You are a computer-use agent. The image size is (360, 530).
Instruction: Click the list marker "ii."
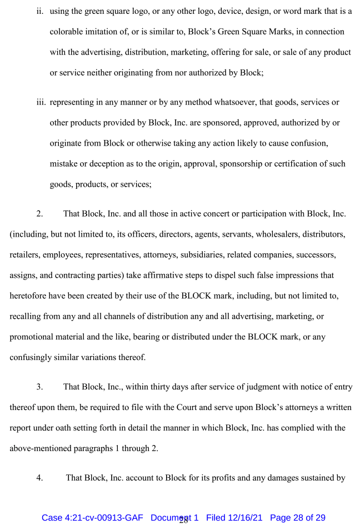(41, 11)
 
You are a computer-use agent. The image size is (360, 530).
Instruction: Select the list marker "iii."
(40, 102)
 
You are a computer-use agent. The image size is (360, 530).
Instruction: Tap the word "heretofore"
(28, 296)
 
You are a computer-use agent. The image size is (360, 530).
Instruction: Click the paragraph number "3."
(40, 387)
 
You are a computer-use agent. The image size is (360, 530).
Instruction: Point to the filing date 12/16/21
(246, 518)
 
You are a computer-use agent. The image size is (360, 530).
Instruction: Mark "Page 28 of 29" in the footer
(298, 518)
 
